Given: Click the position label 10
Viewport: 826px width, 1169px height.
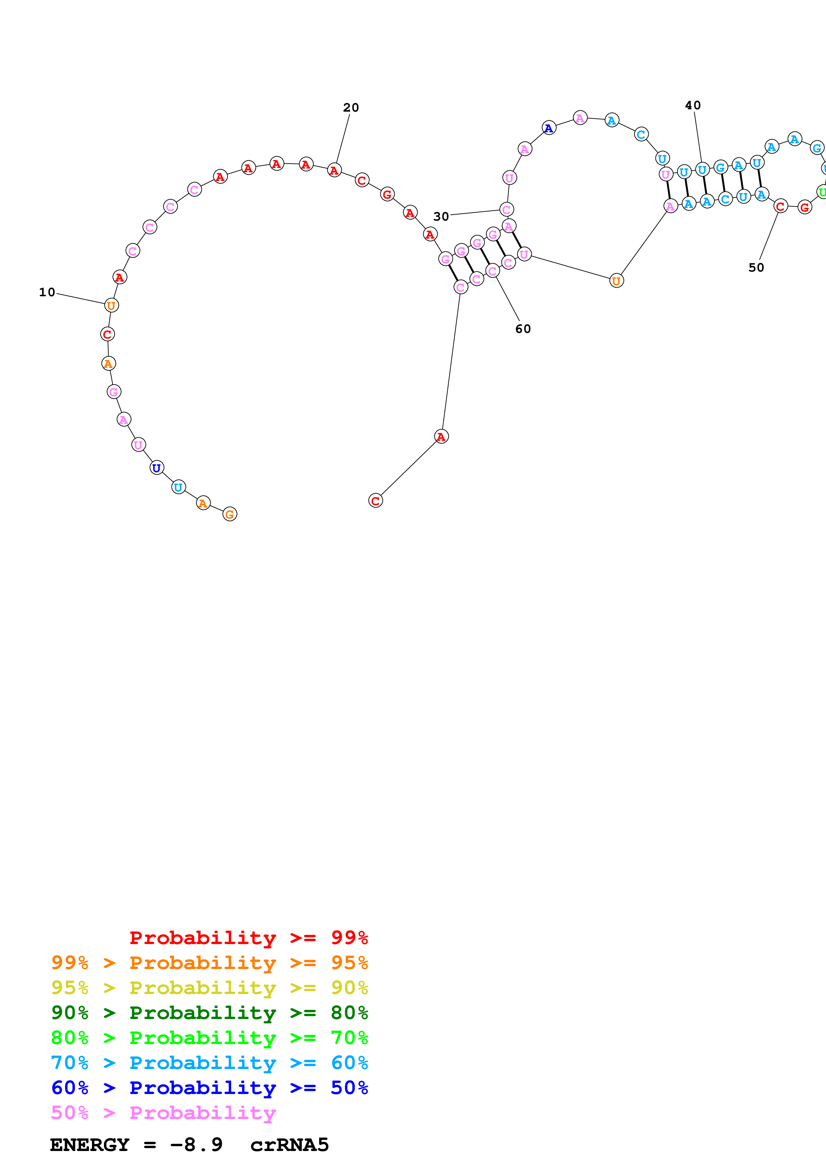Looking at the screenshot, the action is (47, 292).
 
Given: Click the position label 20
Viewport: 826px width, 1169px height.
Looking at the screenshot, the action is (351, 107).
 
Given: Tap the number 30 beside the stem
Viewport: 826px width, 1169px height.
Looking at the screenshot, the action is (441, 216).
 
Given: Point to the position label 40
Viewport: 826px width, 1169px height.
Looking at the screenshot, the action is (693, 105).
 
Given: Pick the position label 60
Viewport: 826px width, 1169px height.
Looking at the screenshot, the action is (523, 329).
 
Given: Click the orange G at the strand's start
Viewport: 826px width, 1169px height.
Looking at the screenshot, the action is (230, 514).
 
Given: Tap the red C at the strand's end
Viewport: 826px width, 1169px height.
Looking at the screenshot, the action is (375, 501).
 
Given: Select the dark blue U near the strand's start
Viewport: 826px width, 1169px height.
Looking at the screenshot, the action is (157, 468).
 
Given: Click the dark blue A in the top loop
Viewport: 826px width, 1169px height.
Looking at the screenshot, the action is (548, 128).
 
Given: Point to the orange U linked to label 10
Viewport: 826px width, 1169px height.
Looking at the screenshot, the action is (111, 306).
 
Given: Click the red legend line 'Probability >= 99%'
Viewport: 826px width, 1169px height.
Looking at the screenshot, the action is (248, 937).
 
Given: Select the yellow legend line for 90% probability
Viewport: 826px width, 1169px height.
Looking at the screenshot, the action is (209, 988).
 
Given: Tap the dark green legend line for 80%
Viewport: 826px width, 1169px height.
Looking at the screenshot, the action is (209, 1013).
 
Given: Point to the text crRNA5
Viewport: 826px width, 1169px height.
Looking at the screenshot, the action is (289, 1145).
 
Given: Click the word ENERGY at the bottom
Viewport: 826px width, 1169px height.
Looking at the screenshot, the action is (90, 1145).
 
